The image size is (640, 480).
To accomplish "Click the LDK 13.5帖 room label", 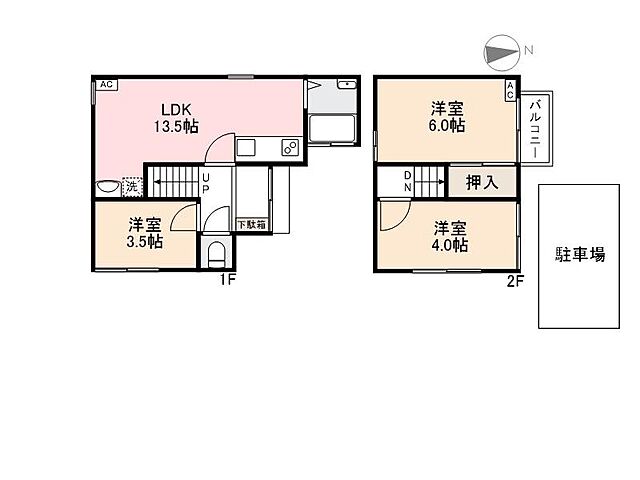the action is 176,118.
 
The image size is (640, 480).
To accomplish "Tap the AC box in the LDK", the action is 107,84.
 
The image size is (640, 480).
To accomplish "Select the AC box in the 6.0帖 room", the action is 510,90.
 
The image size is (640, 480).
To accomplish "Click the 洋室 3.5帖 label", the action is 145,233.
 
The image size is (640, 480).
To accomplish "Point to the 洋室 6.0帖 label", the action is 447,117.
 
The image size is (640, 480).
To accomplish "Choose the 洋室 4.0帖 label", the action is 450,237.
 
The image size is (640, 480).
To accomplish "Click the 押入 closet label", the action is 482,182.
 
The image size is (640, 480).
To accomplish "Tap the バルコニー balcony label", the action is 535,129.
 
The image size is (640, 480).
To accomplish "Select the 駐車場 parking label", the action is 580,254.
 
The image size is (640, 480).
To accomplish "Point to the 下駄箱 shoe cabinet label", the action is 252,224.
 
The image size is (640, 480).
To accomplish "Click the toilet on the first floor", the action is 216,255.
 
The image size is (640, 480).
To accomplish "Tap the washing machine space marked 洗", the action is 132,187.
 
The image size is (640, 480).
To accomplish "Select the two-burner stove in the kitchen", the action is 290,147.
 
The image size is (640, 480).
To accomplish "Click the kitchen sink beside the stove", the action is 246,147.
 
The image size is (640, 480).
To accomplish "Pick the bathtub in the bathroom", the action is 332,128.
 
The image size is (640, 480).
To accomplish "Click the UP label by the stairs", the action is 206,183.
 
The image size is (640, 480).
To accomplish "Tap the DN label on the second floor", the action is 407,181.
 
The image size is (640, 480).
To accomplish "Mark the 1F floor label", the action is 228,280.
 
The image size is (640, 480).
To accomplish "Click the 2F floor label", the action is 515,281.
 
